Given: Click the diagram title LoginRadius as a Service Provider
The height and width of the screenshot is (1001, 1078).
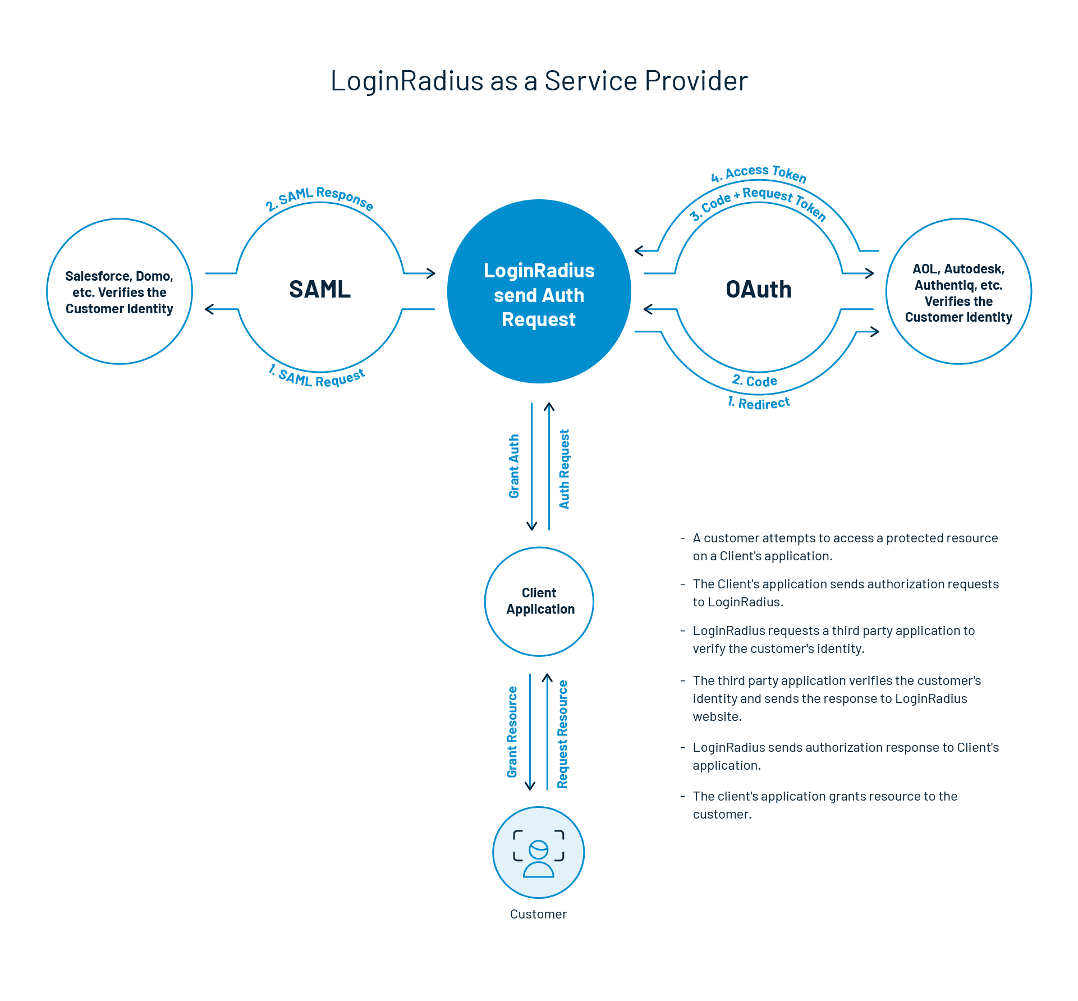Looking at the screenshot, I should [x=539, y=81].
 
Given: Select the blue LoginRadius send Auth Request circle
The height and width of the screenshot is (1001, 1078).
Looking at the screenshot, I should [x=539, y=292].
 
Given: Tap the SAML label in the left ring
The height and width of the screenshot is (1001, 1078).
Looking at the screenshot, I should [x=320, y=289].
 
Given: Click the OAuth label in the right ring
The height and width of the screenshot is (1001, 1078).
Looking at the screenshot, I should [x=759, y=289].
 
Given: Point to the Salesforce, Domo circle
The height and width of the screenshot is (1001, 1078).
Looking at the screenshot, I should [x=120, y=292].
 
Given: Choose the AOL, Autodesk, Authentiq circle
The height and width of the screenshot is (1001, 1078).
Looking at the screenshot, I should [x=958, y=292].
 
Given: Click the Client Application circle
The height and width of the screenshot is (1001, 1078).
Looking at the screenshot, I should [x=539, y=601].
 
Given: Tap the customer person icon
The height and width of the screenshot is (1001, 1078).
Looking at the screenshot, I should [x=539, y=853].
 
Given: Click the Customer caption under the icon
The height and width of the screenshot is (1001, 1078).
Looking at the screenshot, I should [x=539, y=914].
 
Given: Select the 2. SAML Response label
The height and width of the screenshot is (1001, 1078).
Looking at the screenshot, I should [x=319, y=197].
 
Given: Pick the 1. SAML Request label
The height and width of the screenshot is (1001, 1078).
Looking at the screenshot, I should [x=317, y=377].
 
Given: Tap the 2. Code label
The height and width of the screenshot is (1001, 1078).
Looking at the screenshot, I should [x=755, y=381].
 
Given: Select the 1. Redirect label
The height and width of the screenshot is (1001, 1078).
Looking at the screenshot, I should [x=759, y=403].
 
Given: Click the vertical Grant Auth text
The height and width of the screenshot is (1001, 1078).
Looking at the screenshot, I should [x=514, y=466].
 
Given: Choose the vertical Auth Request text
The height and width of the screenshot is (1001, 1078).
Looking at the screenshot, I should [x=565, y=469].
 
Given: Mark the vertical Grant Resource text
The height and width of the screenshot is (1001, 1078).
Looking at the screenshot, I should [x=512, y=732].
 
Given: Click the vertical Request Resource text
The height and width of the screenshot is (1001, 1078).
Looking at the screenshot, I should [x=562, y=734].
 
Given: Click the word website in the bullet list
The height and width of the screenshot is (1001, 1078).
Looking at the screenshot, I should [x=717, y=716].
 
